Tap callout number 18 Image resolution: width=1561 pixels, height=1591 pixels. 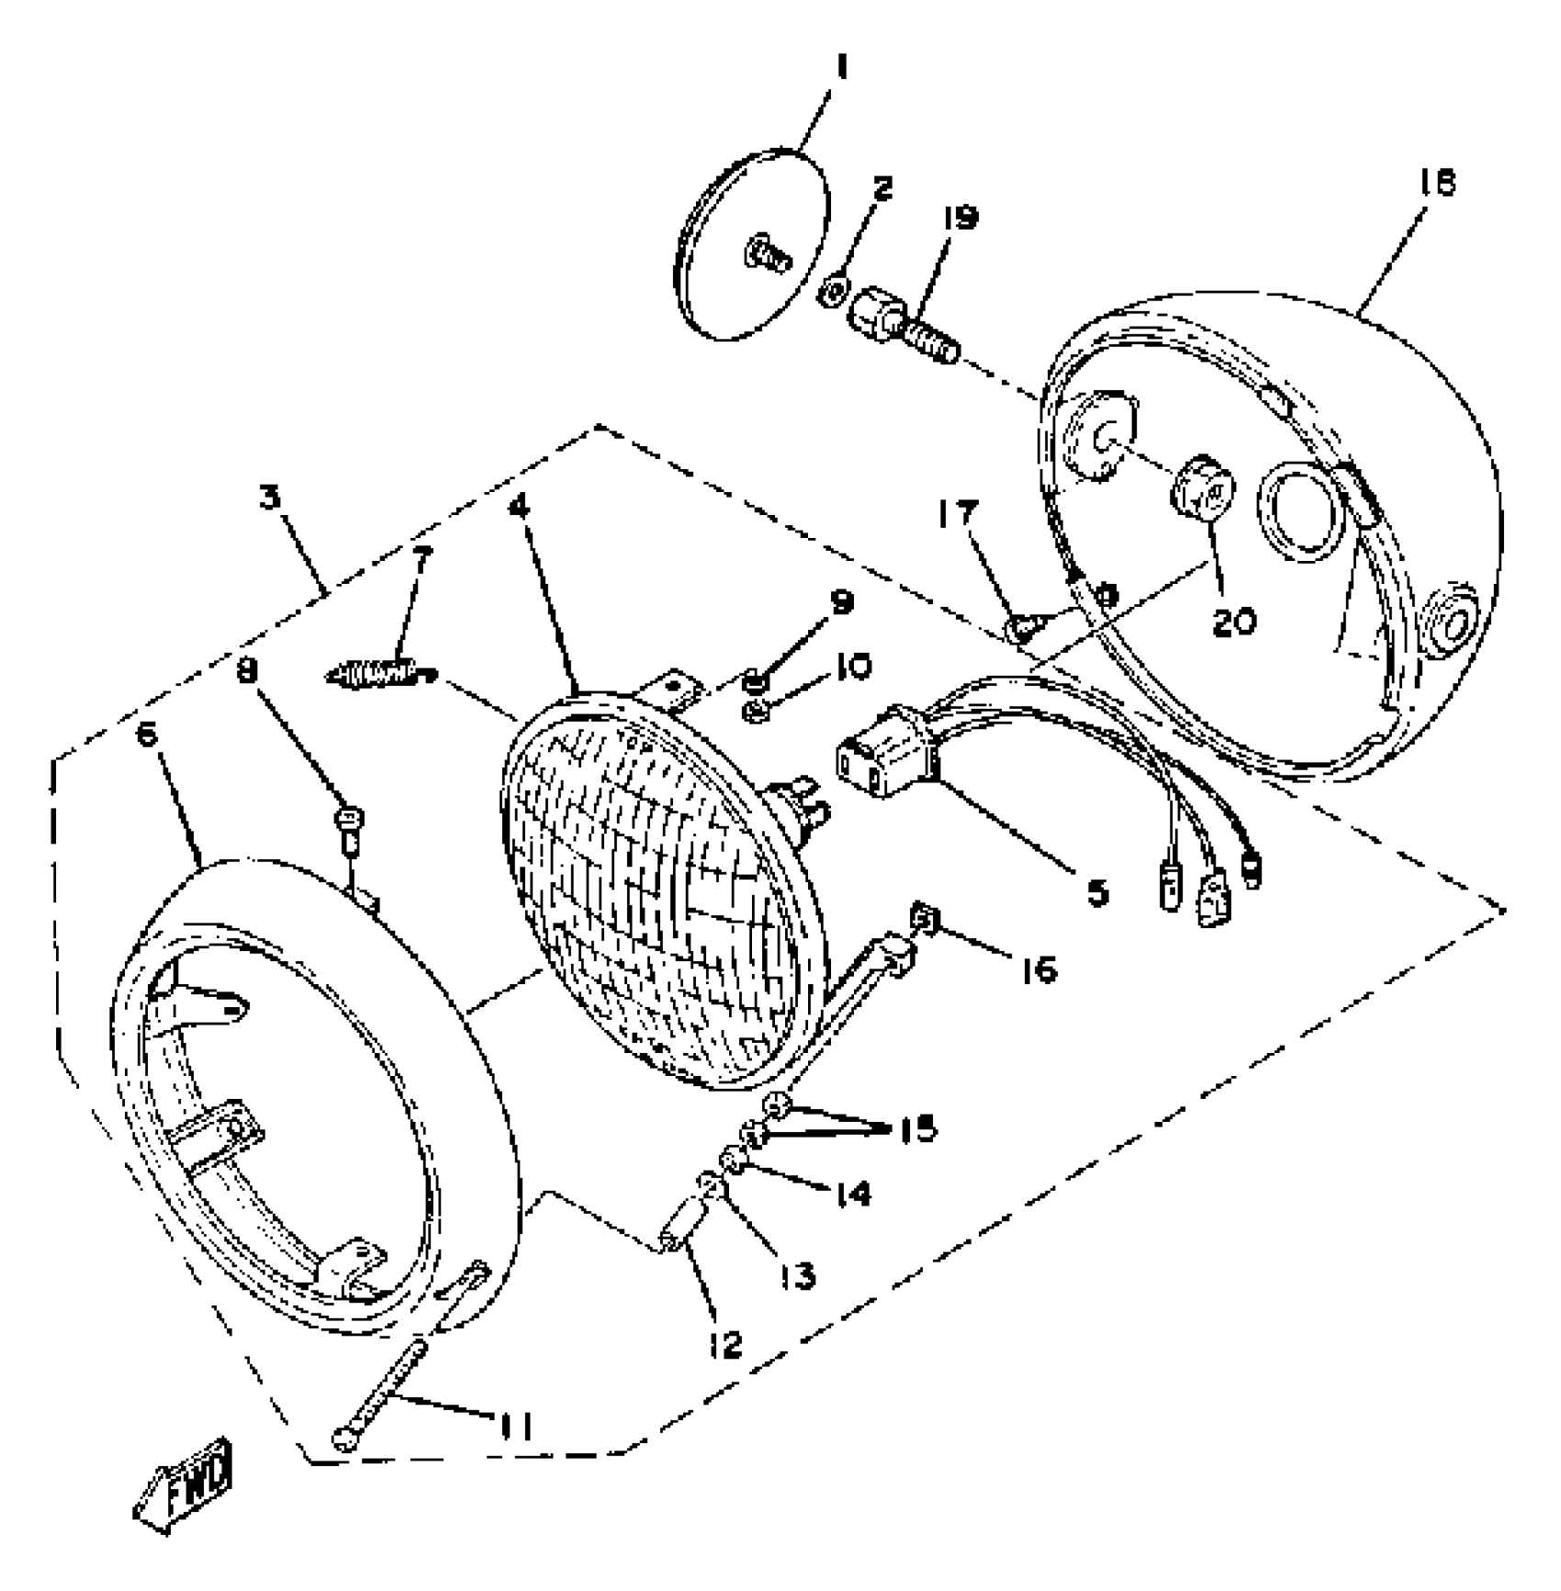click(1438, 184)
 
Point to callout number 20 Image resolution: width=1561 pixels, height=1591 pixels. click(1233, 622)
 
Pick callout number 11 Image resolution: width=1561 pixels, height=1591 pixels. click(514, 1426)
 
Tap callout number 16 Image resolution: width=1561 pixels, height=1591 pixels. click(1039, 969)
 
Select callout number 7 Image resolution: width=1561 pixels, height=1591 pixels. click(421, 561)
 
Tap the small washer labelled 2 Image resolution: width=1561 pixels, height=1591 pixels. click(834, 293)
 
